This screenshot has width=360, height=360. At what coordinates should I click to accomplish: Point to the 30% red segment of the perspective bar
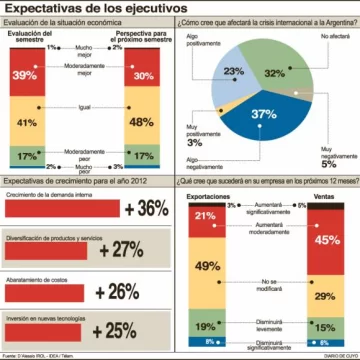(x=144, y=75)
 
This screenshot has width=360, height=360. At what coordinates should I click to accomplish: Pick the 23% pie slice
(x=235, y=72)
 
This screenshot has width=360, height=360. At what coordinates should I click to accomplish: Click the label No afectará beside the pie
(x=320, y=36)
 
